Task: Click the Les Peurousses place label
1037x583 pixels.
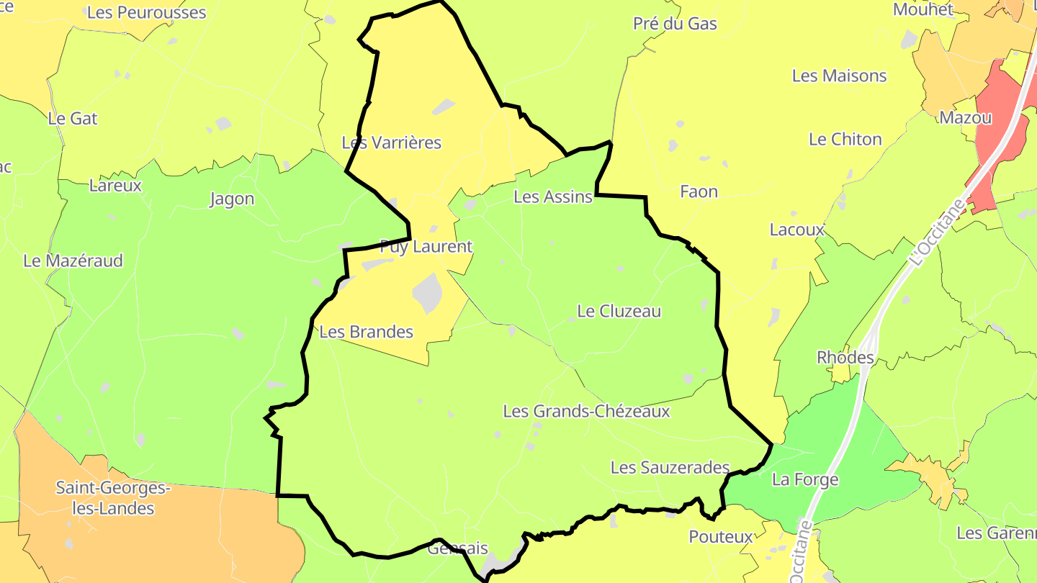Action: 146,13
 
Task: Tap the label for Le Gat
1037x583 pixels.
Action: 73,119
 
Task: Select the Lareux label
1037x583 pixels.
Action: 115,186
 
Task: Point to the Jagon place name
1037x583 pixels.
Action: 232,199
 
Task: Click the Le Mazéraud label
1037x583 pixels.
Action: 73,261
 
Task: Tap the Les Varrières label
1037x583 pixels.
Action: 392,143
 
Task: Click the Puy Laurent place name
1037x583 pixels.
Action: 426,247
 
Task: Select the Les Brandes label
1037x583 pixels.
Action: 367,332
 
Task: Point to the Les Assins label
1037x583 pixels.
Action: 553,196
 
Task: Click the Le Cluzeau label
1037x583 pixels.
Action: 619,312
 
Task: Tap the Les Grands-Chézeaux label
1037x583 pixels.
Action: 587,412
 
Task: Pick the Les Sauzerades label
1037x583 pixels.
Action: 670,468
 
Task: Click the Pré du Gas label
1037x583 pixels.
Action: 675,24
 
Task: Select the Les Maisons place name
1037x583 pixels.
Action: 840,76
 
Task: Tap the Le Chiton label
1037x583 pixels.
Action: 845,140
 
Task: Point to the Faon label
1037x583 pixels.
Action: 699,191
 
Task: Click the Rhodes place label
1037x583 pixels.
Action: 845,358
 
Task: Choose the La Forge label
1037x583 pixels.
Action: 805,479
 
